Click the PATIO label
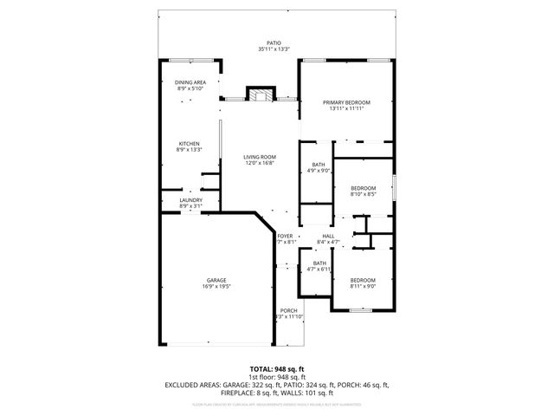point(274,42)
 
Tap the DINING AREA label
point(190,82)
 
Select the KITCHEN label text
point(190,144)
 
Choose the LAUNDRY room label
point(190,200)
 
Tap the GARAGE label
point(216,280)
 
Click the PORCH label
point(288,311)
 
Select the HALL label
point(329,236)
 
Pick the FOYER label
point(285,236)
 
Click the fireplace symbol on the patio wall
point(260,94)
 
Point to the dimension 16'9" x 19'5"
point(216,287)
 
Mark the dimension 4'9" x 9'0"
point(319,171)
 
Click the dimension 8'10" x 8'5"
point(363,194)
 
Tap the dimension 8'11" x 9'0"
point(363,287)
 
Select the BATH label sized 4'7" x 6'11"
point(319,263)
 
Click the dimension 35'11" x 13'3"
point(274,49)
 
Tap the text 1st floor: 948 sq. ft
point(276,377)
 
